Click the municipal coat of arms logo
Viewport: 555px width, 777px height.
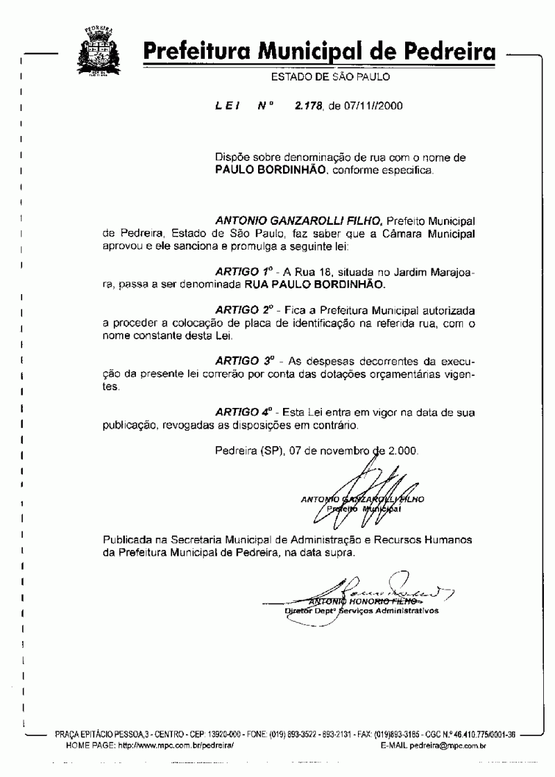98,46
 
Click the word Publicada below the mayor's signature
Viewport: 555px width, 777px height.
128,540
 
